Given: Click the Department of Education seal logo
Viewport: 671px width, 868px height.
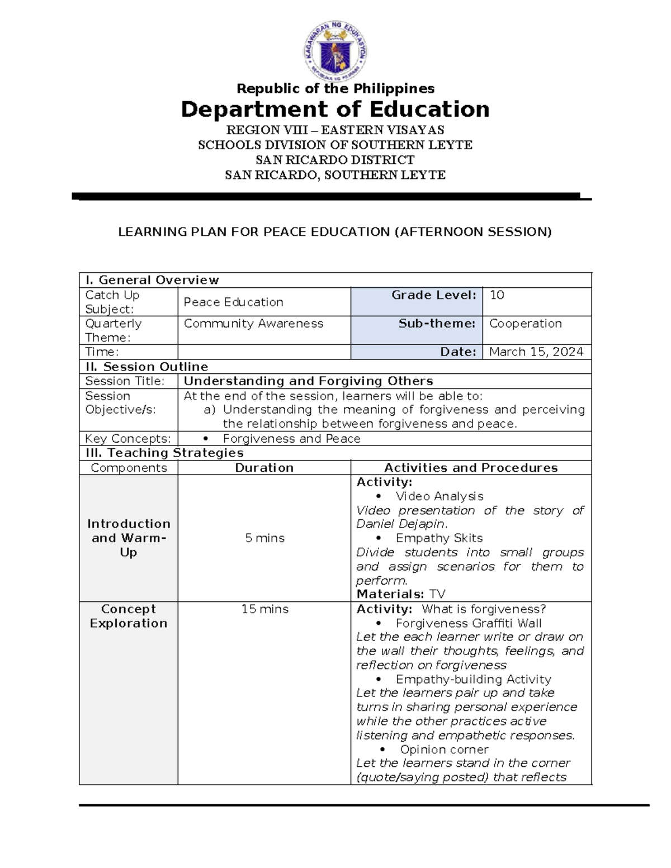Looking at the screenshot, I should click(x=335, y=53).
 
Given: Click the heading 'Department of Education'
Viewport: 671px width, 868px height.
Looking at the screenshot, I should click(x=335, y=110).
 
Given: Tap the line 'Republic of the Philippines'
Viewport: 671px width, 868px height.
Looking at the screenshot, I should click(x=335, y=89).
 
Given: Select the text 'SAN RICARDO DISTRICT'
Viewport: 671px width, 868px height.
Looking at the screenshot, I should click(x=335, y=160).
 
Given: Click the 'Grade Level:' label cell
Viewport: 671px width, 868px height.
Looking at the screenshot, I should click(x=433, y=295).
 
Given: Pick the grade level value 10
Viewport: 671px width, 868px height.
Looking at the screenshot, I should click(x=497, y=295).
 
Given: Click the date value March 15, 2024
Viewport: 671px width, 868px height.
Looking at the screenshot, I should click(x=536, y=352).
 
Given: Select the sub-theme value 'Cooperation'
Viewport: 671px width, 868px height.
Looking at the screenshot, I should click(x=525, y=324).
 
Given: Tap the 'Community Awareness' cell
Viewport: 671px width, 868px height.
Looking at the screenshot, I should click(x=253, y=324).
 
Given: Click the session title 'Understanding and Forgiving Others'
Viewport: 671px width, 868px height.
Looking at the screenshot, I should click(x=308, y=381).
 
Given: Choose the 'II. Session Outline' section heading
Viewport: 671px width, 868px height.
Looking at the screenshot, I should click(x=147, y=367).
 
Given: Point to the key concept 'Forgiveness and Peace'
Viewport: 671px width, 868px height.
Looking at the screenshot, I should click(x=291, y=439).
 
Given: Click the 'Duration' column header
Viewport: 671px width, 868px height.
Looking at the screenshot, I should click(x=264, y=468).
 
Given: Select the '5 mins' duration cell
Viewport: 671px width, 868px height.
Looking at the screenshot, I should click(x=264, y=538).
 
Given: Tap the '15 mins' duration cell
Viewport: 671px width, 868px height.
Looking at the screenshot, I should click(x=264, y=609).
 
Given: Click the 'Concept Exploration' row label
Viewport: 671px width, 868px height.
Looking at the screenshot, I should click(x=129, y=616).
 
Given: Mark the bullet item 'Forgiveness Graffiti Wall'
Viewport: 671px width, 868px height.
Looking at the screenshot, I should click(x=468, y=623).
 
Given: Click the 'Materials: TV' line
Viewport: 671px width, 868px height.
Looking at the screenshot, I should click(x=400, y=594).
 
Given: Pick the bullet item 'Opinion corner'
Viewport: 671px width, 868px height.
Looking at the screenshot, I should click(x=444, y=750).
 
